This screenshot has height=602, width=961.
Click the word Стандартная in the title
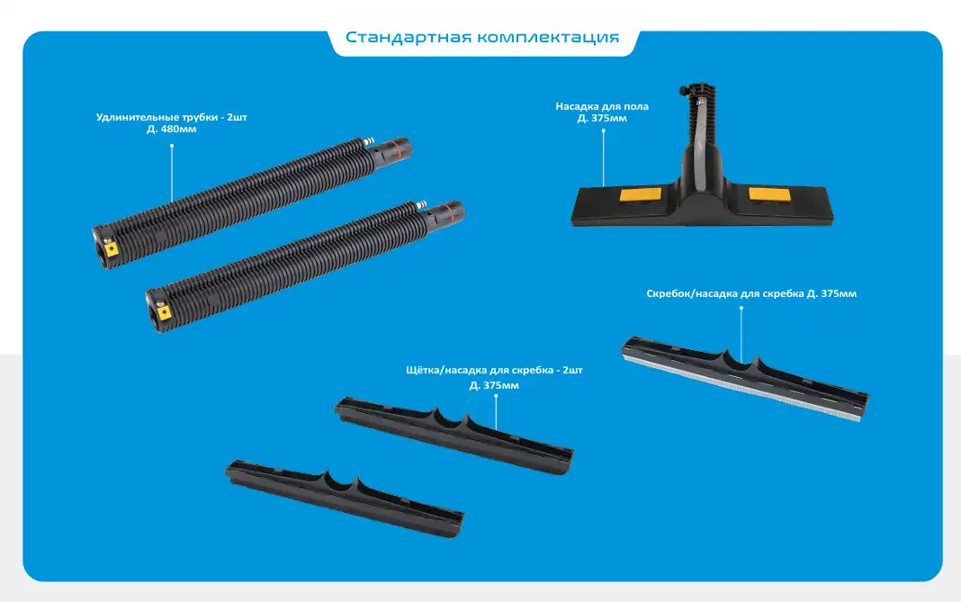pyautogui.click(x=409, y=38)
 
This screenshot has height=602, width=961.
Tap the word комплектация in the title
pyautogui.click(x=549, y=38)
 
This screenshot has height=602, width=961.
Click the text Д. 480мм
pyautogui.click(x=172, y=130)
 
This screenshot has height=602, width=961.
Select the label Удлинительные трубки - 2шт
pyautogui.click(x=172, y=117)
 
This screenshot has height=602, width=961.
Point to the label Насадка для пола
pyautogui.click(x=602, y=106)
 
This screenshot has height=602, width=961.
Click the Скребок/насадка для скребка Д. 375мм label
pyautogui.click(x=751, y=293)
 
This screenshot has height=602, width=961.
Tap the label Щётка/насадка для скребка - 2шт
pyautogui.click(x=494, y=370)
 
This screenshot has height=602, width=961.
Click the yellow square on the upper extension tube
pyautogui.click(x=112, y=249)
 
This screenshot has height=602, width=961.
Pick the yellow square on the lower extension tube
pyautogui.click(x=164, y=312)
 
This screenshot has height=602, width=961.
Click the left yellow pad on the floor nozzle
pyautogui.click(x=641, y=195)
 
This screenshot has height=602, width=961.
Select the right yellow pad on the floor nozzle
pyautogui.click(x=769, y=194)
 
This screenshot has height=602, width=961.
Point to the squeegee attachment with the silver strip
pyautogui.click(x=745, y=378)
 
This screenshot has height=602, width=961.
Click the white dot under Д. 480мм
pyautogui.click(x=172, y=146)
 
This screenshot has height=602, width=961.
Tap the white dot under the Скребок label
pyautogui.click(x=741, y=308)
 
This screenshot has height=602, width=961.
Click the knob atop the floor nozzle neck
pyautogui.click(x=683, y=92)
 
